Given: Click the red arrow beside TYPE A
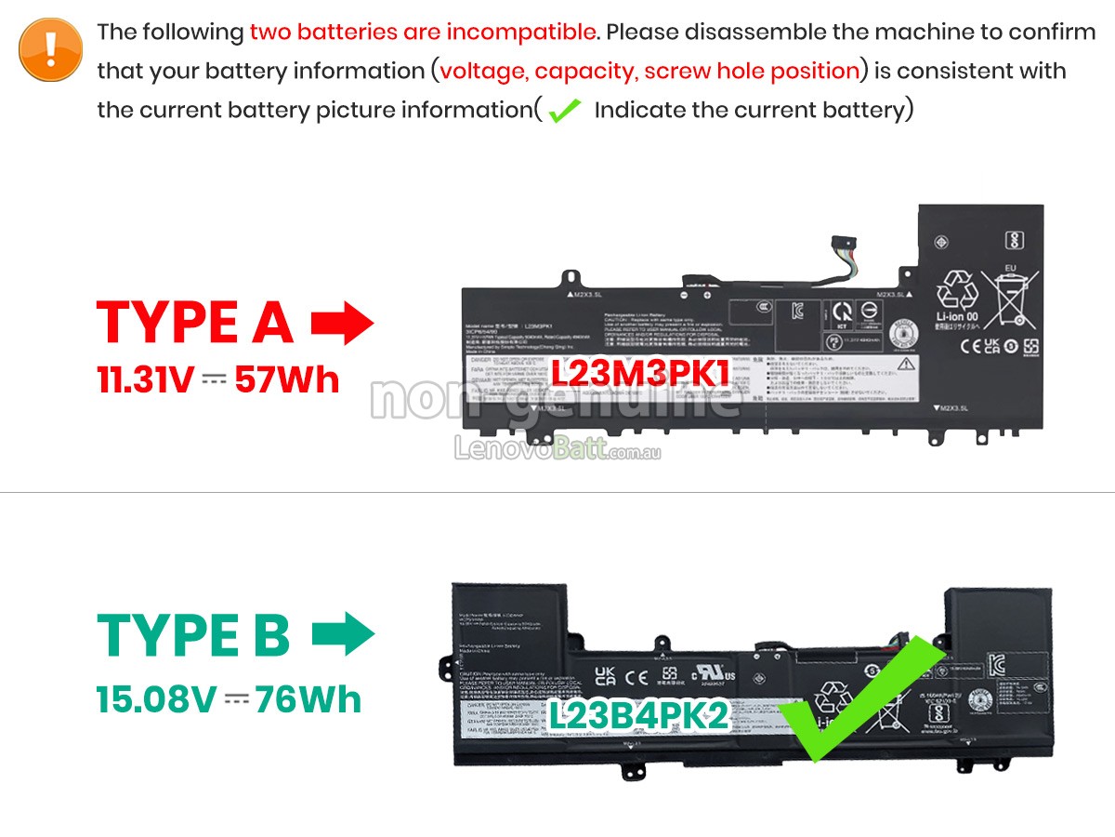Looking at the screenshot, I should point(342,324).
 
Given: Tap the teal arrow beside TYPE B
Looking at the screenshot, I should point(343,635).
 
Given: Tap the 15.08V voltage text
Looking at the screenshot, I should point(155,699).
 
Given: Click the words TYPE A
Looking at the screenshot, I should point(195,324).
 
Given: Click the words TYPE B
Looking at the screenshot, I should point(194,635).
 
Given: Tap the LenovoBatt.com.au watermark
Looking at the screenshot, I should point(557,451).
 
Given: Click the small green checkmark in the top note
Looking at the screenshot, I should point(564,112).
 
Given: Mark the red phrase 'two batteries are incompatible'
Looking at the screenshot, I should point(423,32).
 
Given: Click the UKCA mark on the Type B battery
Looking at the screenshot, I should point(606,677).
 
